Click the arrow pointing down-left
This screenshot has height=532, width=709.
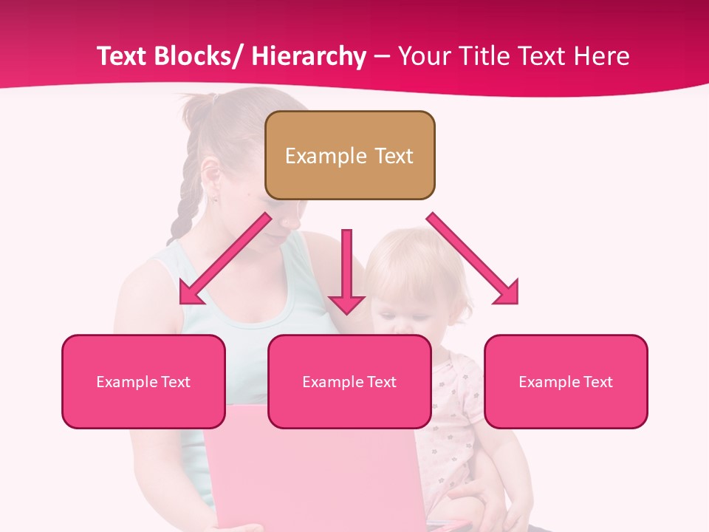[225, 259]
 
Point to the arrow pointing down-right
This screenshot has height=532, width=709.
[473, 259]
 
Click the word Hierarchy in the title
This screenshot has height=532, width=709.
[308, 57]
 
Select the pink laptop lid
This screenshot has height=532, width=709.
[310, 465]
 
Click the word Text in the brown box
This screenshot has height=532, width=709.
[393, 156]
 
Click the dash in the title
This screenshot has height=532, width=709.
[382, 57]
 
